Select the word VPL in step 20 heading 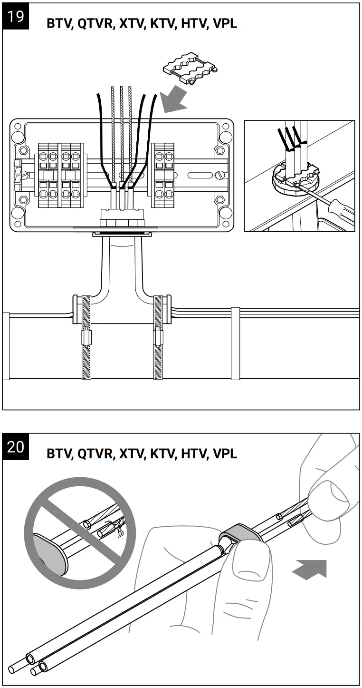tap(224, 454)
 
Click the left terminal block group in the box tap(59, 175)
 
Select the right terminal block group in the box tap(163, 175)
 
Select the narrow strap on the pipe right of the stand tap(235, 343)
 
